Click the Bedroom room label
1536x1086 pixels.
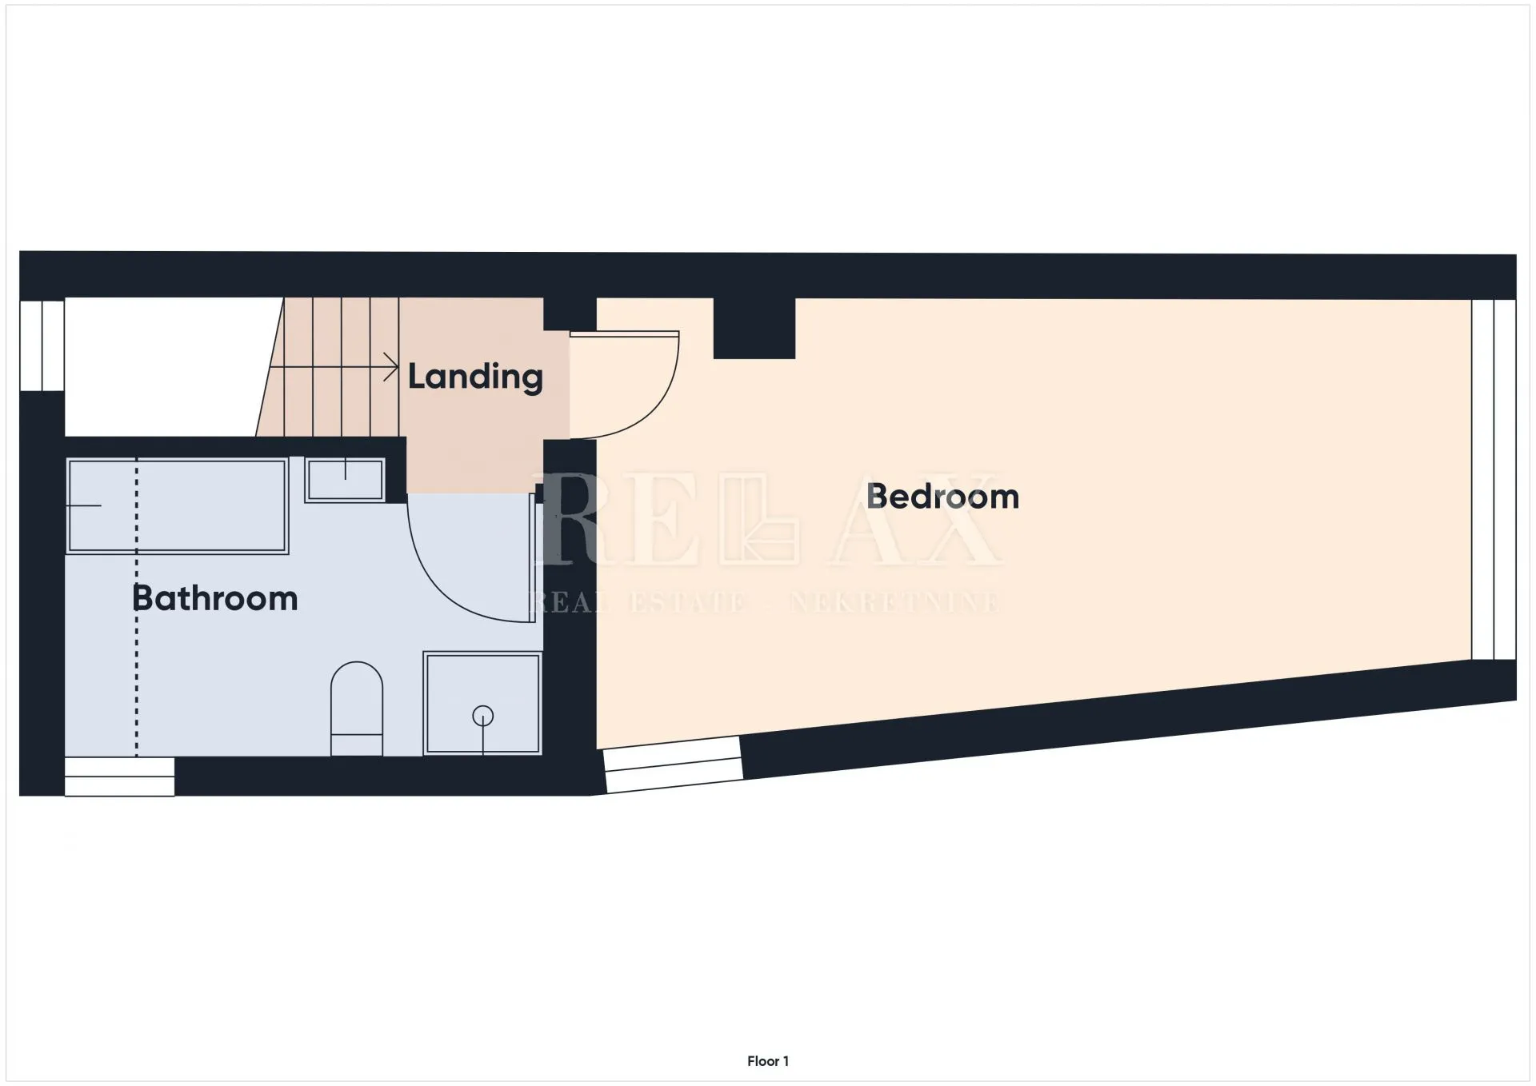pyautogui.click(x=942, y=497)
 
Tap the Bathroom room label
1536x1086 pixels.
pyautogui.click(x=214, y=598)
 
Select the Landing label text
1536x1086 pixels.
pyautogui.click(x=475, y=377)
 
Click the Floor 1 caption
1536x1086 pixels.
pyautogui.click(x=768, y=1061)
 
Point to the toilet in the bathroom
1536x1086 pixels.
pyautogui.click(x=357, y=708)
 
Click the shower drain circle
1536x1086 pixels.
pyautogui.click(x=483, y=716)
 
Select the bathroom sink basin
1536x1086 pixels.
pyautogui.click(x=345, y=480)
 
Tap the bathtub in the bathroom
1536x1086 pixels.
pyautogui.click(x=177, y=505)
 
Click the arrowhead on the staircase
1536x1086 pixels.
pyautogui.click(x=392, y=368)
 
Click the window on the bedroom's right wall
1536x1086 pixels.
pyautogui.click(x=1494, y=479)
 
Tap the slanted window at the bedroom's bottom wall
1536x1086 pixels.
pyautogui.click(x=672, y=765)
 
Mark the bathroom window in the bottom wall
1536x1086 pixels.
pyautogui.click(x=119, y=777)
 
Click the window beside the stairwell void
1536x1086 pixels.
pyautogui.click(x=42, y=345)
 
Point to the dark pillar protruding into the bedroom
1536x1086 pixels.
pyautogui.click(x=754, y=328)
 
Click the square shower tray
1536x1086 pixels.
pyautogui.click(x=483, y=704)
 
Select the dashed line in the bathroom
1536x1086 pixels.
pyautogui.click(x=136, y=607)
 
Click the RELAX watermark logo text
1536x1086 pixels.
pyautogui.click(x=768, y=520)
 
